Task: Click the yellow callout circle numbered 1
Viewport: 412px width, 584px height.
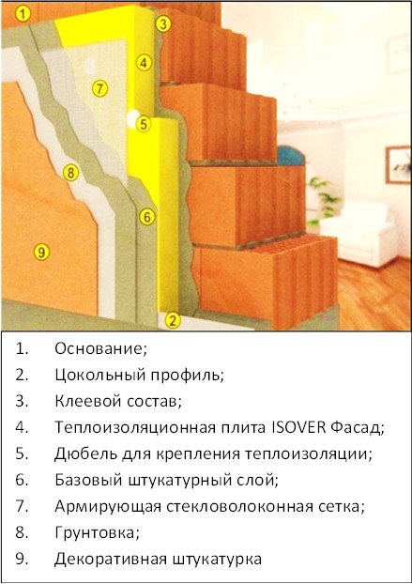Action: pos(23,14)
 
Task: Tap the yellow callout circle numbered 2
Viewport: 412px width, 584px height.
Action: pos(172,320)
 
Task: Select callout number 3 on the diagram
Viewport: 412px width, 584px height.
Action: pos(162,24)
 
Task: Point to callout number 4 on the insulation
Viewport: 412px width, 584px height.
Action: pos(144,63)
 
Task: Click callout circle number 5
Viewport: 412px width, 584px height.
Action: pos(144,124)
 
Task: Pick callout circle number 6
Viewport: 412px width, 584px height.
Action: pos(147,217)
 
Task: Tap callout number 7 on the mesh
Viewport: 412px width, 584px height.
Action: pos(99,88)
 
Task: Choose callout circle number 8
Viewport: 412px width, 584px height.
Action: pos(70,173)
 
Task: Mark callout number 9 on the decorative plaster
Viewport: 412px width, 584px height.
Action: pos(41,253)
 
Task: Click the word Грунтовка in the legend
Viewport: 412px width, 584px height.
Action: pos(97,533)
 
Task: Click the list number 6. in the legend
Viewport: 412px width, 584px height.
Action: pos(22,480)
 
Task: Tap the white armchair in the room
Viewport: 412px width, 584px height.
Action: pos(359,233)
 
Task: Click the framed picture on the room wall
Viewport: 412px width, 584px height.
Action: pos(398,164)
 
